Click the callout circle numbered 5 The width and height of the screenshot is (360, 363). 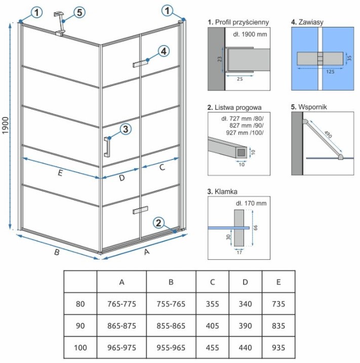pos(78,12)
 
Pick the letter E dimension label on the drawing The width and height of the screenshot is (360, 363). pos(60,173)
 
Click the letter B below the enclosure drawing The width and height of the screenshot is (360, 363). pos(57,252)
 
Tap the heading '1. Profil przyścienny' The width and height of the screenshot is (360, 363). pos(238,22)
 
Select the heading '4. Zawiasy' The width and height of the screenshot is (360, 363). pos(307,22)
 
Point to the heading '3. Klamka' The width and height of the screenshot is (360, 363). pos(223,192)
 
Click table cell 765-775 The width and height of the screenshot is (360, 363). pos(122,304)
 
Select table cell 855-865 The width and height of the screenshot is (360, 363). pos(171,326)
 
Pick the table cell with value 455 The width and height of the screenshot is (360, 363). pos(212,348)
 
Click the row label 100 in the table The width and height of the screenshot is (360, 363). pos(80,348)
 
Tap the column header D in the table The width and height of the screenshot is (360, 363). pos(246,282)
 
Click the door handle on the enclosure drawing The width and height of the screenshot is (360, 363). pos(107,147)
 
